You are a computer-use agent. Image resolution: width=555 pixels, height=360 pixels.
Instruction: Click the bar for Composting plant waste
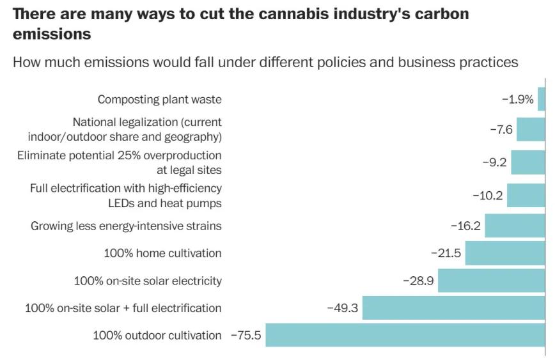pyautogui.click(x=541, y=100)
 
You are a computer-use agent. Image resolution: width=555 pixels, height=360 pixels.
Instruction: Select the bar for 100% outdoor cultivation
pyautogui.click(x=405, y=335)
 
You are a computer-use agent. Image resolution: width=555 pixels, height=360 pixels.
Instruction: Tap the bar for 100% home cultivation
pyautogui.click(x=504, y=253)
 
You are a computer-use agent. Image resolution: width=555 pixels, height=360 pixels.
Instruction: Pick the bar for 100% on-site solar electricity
pyautogui.click(x=491, y=281)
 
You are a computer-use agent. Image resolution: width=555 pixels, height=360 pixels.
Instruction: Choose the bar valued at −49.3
pyautogui.click(x=453, y=308)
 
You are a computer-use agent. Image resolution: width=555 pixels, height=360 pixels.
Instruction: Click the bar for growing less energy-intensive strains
pyautogui.click(x=514, y=226)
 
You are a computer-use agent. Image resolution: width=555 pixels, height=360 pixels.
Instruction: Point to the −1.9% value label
pyautogui.click(x=517, y=100)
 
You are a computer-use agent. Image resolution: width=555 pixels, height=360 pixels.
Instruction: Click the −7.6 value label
pyautogui.click(x=501, y=130)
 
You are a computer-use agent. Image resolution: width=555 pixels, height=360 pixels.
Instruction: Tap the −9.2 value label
pyautogui.click(x=494, y=162)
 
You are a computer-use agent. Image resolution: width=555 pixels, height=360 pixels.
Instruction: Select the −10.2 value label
pyautogui.click(x=487, y=196)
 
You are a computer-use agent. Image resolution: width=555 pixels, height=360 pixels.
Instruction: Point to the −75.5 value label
pyautogui.click(x=246, y=335)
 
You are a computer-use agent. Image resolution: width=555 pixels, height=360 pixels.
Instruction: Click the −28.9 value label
pyautogui.click(x=418, y=281)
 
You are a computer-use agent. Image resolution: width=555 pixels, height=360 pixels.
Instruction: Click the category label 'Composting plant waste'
pyautogui.click(x=159, y=100)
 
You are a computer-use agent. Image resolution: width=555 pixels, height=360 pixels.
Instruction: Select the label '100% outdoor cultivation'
pyautogui.click(x=157, y=335)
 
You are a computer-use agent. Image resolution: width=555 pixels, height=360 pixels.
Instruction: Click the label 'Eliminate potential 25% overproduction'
pyautogui.click(x=120, y=155)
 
